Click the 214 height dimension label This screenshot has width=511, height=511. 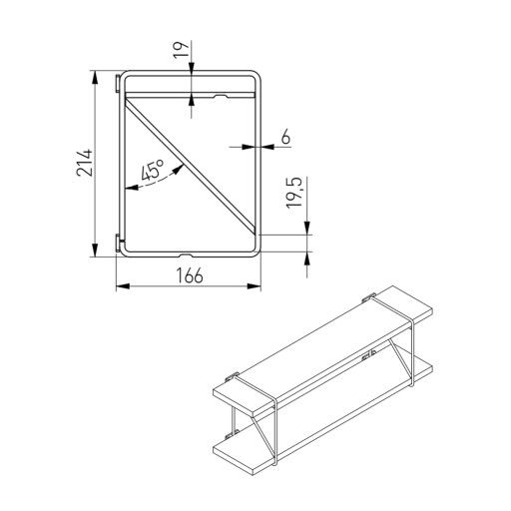point(84,163)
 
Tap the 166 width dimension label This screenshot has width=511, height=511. point(189,275)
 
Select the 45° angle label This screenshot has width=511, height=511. point(153,170)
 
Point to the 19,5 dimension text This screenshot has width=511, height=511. point(294,193)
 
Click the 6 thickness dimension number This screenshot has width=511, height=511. point(285,137)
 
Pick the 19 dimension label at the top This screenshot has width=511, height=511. point(181,50)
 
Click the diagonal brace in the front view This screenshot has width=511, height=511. point(191,166)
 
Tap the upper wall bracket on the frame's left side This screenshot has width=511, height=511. point(118,84)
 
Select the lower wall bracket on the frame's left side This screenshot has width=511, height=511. point(118,243)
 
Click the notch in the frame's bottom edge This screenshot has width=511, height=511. point(187,255)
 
